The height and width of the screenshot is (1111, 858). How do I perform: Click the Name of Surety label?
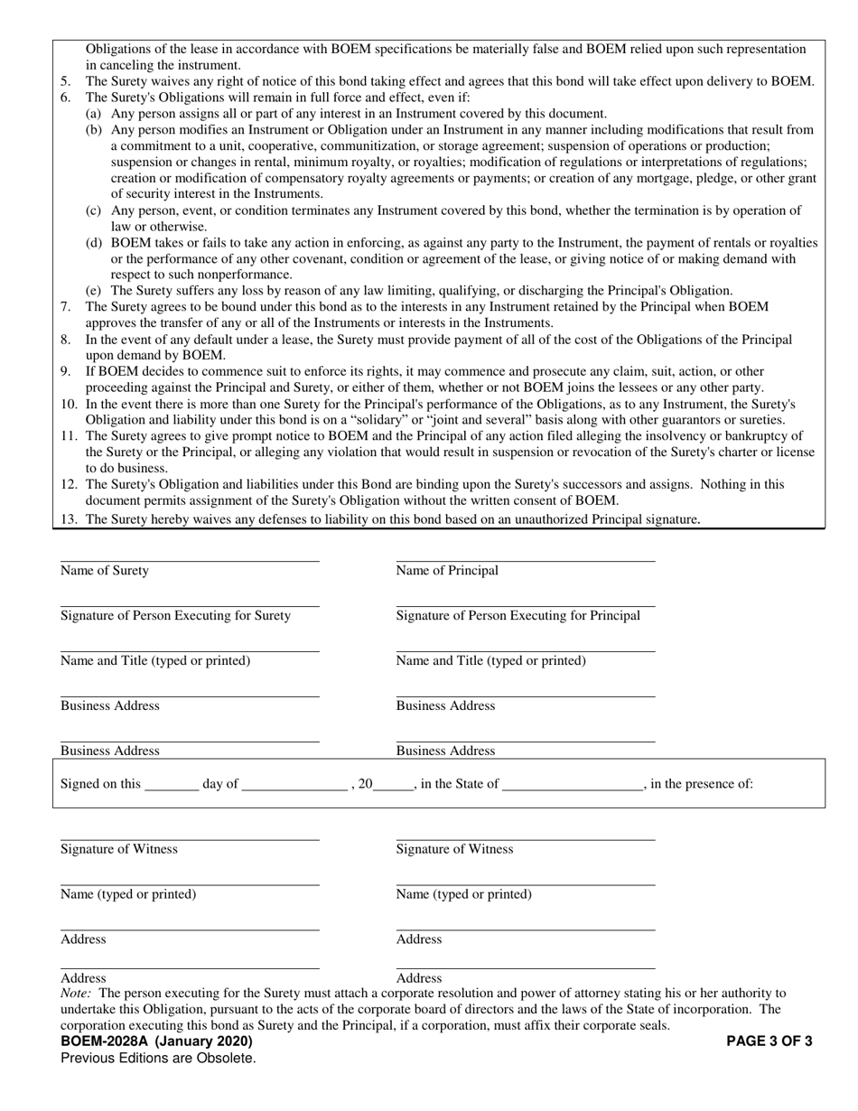(x=105, y=571)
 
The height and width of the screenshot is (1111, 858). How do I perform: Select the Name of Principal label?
(x=447, y=571)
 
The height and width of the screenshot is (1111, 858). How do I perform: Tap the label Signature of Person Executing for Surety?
(x=175, y=616)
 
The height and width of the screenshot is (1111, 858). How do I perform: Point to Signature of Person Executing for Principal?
(x=518, y=616)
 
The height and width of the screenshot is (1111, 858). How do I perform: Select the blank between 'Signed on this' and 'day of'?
(x=172, y=784)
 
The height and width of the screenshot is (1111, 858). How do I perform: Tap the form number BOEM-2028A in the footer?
(x=106, y=1041)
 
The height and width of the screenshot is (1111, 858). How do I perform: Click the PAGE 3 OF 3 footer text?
(x=769, y=1041)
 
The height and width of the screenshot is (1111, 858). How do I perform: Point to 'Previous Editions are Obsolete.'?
(x=158, y=1059)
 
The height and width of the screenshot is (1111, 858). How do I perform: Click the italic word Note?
(x=75, y=993)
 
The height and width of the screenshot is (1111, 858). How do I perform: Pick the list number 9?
(x=66, y=371)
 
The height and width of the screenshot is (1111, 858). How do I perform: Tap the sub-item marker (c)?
(x=93, y=210)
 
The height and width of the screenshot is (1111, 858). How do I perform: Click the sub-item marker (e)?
(x=93, y=291)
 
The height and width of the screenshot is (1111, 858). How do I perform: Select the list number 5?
(x=66, y=81)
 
